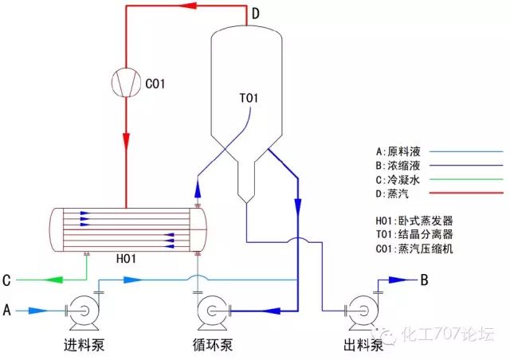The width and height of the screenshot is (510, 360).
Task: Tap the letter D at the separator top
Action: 255,14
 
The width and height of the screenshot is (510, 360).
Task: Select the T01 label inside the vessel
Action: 250,99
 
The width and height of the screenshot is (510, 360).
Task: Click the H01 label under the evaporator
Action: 127,258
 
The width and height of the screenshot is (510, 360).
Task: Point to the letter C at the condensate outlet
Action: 6,280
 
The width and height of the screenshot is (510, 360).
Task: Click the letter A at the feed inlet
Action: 7,309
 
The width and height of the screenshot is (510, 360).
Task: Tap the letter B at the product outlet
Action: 425,280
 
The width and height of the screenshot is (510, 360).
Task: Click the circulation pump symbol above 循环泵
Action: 213,310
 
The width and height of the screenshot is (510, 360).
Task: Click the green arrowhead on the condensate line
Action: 52,280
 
